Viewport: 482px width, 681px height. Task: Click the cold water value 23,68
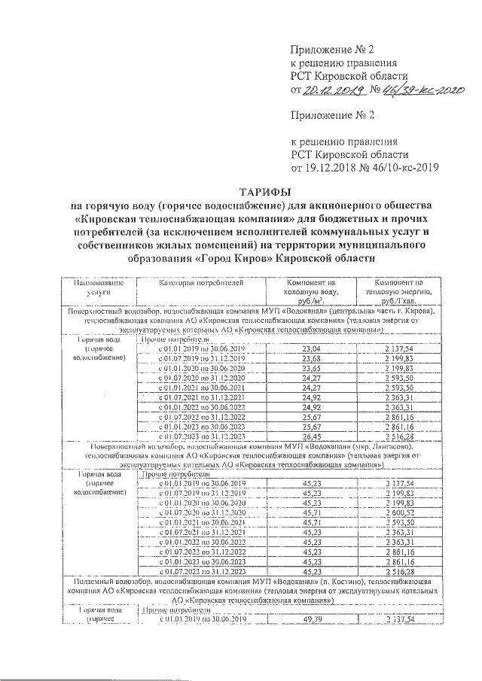click(310, 358)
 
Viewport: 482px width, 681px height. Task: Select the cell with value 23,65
click(310, 368)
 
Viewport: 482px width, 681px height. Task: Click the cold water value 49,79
click(310, 618)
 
